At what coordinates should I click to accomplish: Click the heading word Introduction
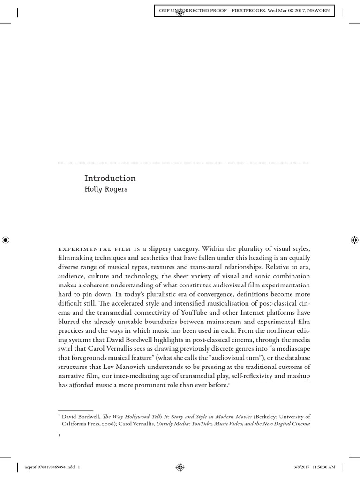110,179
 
